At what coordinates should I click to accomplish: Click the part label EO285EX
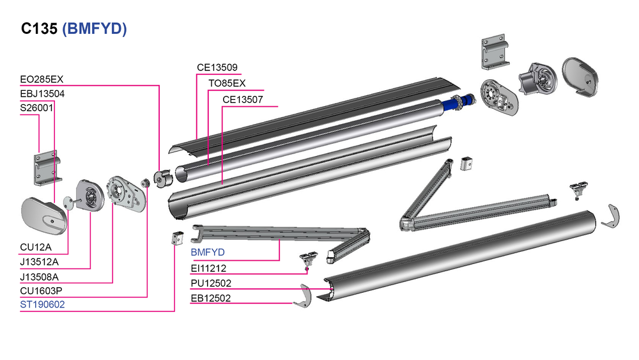click(42, 80)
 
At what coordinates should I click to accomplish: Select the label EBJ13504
click(42, 94)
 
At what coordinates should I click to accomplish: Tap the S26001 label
click(36, 108)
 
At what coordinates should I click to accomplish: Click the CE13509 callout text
click(217, 67)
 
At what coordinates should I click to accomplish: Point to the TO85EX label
click(227, 84)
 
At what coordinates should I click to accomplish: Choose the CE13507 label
click(242, 100)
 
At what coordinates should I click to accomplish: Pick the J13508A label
click(40, 278)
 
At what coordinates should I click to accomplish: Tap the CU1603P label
click(42, 291)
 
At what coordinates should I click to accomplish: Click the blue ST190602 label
click(42, 305)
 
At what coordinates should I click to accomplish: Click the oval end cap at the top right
click(581, 78)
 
